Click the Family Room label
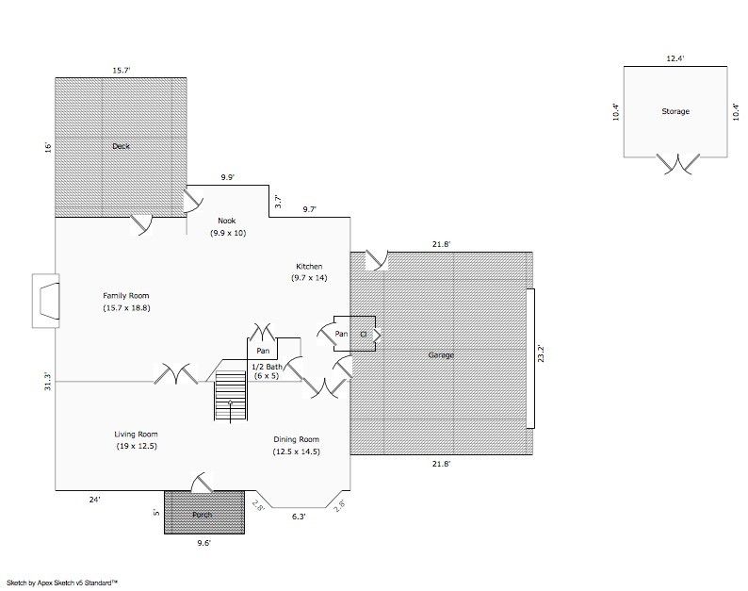pyautogui.click(x=126, y=296)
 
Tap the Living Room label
pyautogui.click(x=136, y=434)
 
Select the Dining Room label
pyautogui.click(x=296, y=439)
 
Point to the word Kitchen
pyautogui.click(x=309, y=267)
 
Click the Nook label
pyautogui.click(x=227, y=221)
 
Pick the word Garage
pyautogui.click(x=441, y=354)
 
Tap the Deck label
pyautogui.click(x=121, y=146)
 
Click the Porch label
pyautogui.click(x=203, y=515)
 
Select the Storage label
pyautogui.click(x=675, y=111)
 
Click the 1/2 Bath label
pyautogui.click(x=268, y=367)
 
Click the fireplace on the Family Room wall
pyautogui.click(x=46, y=301)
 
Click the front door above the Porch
pyautogui.click(x=202, y=483)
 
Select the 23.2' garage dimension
pyautogui.click(x=541, y=353)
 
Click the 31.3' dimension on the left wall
pyautogui.click(x=48, y=381)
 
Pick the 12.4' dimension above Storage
pyautogui.click(x=675, y=58)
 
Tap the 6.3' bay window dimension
pyautogui.click(x=299, y=516)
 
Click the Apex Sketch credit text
pyautogui.click(x=62, y=583)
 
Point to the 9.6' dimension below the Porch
pyautogui.click(x=203, y=543)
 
